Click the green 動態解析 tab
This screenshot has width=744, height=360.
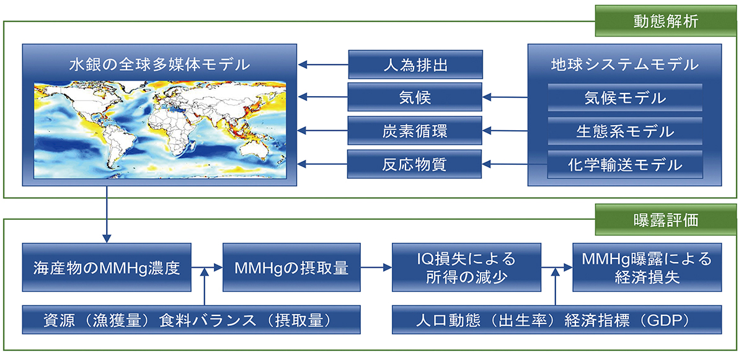(x=665, y=20)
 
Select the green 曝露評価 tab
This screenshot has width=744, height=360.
(x=665, y=219)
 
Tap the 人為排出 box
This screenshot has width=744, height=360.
(x=415, y=64)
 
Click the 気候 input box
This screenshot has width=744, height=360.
(x=415, y=97)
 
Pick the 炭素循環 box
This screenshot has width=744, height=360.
(x=415, y=130)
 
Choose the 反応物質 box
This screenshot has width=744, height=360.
(x=414, y=164)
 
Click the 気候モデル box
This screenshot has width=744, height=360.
(x=625, y=97)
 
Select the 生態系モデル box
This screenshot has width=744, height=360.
(x=625, y=131)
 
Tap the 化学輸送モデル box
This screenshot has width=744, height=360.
(x=625, y=165)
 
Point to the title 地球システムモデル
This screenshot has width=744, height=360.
(x=625, y=64)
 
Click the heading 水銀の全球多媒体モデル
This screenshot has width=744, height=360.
(x=159, y=64)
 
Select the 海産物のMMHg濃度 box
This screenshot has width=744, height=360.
(x=107, y=268)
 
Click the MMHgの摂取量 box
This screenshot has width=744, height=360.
(x=291, y=268)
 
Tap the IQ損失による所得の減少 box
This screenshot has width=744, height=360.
(x=466, y=268)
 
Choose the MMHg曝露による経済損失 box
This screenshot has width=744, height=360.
(x=647, y=268)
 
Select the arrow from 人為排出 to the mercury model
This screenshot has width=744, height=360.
(x=323, y=64)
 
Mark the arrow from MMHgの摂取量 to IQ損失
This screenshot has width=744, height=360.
(x=376, y=268)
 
